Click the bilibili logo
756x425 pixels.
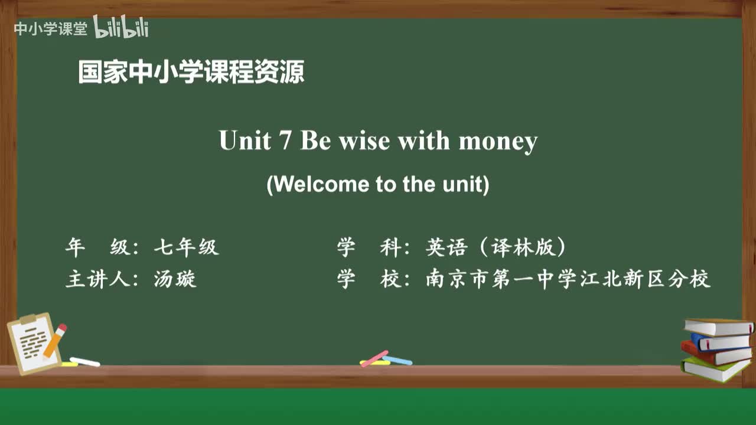coord(121,28)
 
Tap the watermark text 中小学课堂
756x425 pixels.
coord(50,29)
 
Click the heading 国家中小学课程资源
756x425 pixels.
coord(191,73)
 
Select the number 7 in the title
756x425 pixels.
coord(285,141)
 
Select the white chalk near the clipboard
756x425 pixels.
coord(85,362)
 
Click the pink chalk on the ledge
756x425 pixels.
coord(374,358)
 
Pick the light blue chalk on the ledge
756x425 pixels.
coord(397,360)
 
